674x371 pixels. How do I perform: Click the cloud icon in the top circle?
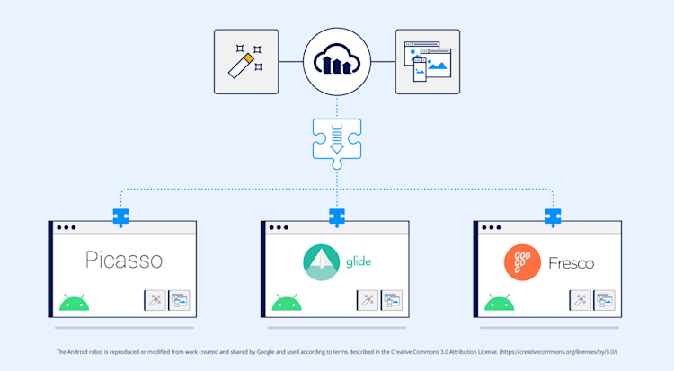(x=337, y=62)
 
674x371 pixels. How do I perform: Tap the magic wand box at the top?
(x=246, y=62)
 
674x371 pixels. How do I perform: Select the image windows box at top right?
(x=427, y=62)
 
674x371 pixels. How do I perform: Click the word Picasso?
(x=124, y=261)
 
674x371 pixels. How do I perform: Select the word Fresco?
(x=572, y=263)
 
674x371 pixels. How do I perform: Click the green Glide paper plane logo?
(x=321, y=261)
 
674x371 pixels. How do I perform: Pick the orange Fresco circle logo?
(x=523, y=262)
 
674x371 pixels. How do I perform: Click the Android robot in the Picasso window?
(x=75, y=302)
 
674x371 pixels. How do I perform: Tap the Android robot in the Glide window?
(x=287, y=302)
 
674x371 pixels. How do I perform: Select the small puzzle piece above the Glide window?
(x=337, y=216)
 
